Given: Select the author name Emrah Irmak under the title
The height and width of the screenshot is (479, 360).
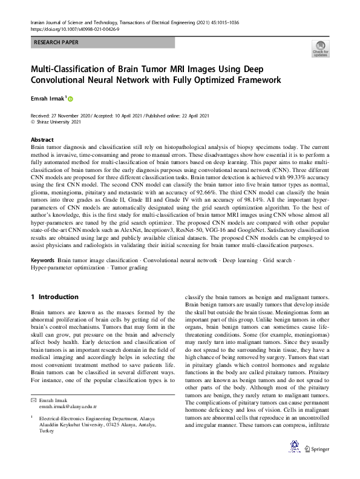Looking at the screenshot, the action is coord(48,97).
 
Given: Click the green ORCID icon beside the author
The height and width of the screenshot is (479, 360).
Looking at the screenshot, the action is coord(71,98).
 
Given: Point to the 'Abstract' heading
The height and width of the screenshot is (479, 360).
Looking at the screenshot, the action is coord(42,139).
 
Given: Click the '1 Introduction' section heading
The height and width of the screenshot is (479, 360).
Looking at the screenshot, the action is coord(54,297).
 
